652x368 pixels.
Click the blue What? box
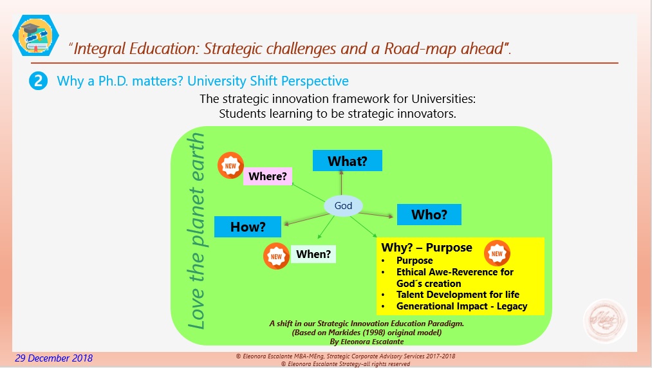347,160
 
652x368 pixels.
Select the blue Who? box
429,215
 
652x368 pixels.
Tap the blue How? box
248,226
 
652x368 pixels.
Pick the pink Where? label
267,176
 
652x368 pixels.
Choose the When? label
313,254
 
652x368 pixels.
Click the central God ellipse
343,205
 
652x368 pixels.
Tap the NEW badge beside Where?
230,165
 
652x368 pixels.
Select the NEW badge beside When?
276,256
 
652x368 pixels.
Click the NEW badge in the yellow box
497,253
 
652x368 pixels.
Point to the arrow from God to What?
341,183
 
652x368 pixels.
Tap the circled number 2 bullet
38,80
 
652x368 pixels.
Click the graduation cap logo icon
35,36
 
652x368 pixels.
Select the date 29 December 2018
53,358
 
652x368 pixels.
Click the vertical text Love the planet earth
196,231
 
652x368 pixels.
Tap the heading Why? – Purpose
427,248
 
